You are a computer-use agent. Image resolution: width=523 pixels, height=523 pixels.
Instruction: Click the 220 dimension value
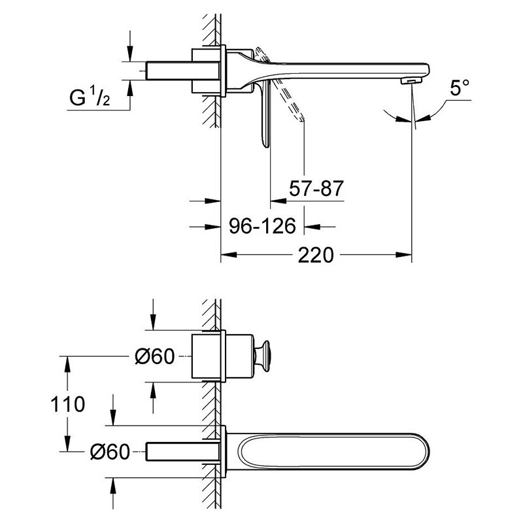316,255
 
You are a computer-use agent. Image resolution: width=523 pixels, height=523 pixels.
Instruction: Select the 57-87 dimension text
316,188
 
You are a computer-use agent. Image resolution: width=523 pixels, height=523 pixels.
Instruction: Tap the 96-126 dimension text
263,226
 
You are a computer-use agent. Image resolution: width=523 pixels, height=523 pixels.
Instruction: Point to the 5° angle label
460,88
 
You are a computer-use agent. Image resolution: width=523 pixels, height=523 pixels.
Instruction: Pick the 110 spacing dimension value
68,404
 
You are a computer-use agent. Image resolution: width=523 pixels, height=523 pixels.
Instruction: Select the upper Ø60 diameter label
155,356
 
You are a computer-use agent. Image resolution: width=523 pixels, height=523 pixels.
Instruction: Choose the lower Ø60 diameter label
110,452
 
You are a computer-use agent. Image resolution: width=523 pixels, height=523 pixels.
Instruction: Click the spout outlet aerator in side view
411,81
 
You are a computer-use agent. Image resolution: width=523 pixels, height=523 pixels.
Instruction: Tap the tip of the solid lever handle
265,145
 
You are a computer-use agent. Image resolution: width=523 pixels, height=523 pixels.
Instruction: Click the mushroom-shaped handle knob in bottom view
262,356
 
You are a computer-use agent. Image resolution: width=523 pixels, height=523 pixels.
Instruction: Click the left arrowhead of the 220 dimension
229,255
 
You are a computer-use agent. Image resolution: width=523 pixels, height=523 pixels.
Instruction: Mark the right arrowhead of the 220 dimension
404,255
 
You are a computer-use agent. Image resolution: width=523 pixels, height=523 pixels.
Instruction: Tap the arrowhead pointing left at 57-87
278,201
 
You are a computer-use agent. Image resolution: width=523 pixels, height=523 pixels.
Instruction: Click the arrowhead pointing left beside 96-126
312,227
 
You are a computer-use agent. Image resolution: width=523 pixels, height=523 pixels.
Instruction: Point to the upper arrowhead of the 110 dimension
67,364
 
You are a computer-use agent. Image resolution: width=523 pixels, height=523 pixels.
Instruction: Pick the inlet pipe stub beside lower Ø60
183,452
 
